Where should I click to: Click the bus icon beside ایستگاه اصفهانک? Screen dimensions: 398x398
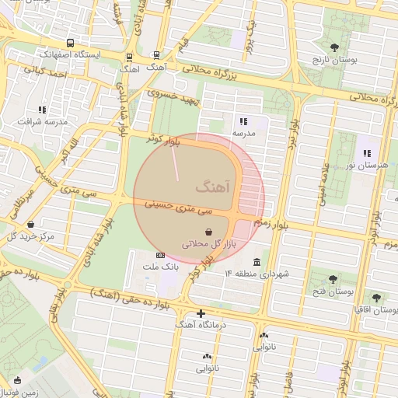tap(71, 44)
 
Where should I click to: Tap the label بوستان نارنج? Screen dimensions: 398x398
tap(333, 60)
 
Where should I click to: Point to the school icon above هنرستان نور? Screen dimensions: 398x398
tap(366, 153)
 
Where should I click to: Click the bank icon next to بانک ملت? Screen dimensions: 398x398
tap(161, 255)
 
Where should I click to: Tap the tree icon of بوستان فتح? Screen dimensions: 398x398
tap(333, 278)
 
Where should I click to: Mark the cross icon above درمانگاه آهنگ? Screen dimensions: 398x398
tap(201, 314)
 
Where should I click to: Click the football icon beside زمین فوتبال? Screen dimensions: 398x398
tap(17, 380)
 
